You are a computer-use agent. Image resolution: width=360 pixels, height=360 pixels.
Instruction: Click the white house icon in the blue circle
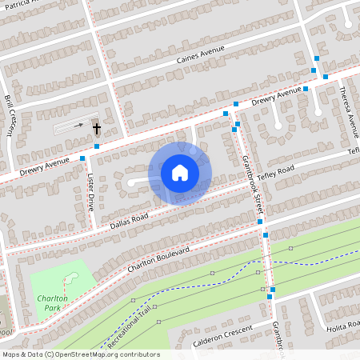180,173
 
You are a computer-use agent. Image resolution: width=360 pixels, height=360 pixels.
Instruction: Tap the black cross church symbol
97,127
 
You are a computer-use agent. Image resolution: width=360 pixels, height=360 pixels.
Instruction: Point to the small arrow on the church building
78,125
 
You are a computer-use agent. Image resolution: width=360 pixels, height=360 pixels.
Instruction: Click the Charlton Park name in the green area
51,302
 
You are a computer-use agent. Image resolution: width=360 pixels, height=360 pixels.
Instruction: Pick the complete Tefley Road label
276,173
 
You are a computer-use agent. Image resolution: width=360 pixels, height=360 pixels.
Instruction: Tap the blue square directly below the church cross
97,146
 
